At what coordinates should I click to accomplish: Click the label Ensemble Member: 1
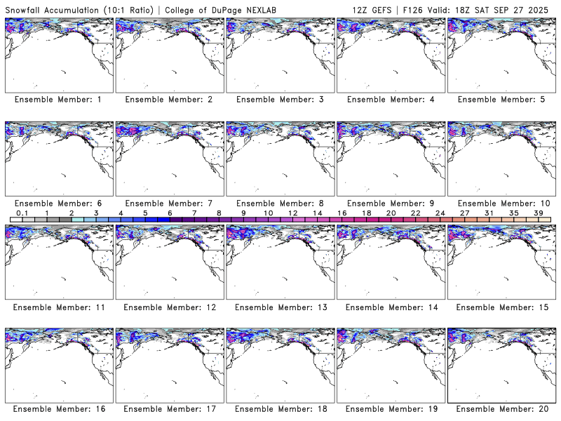(58, 100)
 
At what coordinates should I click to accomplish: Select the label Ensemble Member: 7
(168, 203)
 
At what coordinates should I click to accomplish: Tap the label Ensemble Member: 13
(279, 307)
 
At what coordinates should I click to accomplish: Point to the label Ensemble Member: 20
(500, 408)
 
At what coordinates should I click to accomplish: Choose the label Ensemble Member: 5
(500, 100)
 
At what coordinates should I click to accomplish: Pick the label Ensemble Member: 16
(58, 408)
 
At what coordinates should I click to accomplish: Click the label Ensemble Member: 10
(500, 203)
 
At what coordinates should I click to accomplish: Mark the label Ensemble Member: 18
(279, 408)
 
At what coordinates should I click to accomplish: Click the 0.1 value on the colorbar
(22, 213)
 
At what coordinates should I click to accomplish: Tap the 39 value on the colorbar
(538, 213)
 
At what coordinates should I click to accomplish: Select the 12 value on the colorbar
(292, 213)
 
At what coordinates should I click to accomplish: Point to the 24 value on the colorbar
(440, 213)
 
